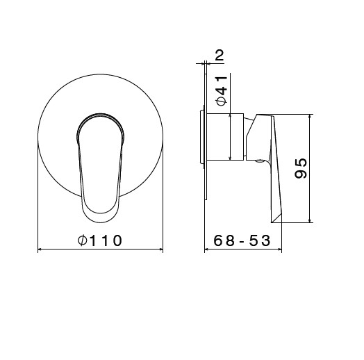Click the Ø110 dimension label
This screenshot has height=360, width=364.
pos(100,240)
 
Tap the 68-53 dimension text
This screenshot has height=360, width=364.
pos(242,240)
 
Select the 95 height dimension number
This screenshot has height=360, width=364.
pos(301,168)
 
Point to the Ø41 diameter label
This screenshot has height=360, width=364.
pos(222,91)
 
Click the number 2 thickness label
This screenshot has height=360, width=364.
pos(219,56)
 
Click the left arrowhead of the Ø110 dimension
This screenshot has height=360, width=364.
pos(40,249)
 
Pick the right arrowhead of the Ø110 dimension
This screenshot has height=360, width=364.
pos(160,249)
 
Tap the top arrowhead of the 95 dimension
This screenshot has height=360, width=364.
pos(309,117)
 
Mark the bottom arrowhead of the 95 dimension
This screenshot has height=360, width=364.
pos(309,220)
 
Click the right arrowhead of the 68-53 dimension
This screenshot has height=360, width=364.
pos(279,249)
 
